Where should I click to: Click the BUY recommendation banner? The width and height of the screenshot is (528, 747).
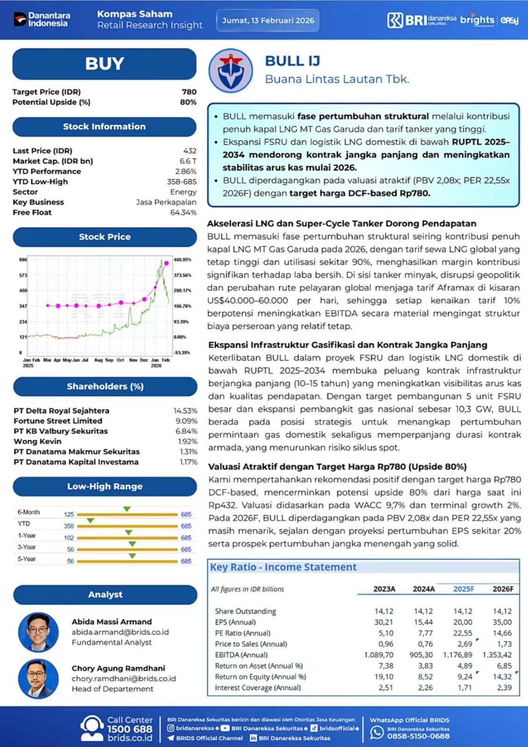pyautogui.click(x=104, y=64)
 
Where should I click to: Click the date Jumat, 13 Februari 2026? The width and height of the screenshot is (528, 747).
pyautogui.click(x=268, y=21)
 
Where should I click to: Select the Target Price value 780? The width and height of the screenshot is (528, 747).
pyautogui.click(x=189, y=92)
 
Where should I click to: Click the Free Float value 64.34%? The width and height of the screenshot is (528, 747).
pyautogui.click(x=183, y=212)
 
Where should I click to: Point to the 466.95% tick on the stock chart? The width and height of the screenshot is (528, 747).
pyautogui.click(x=182, y=260)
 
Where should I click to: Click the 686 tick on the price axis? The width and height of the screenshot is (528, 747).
pyautogui.click(x=23, y=260)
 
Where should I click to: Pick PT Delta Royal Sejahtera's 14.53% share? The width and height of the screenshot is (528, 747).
pyautogui.click(x=185, y=411)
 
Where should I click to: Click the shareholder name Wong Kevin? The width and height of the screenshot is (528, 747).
pyautogui.click(x=37, y=441)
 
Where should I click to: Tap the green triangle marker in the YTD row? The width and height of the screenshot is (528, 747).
pyautogui.click(x=91, y=521)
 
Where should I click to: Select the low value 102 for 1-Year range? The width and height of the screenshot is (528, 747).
pyautogui.click(x=69, y=538)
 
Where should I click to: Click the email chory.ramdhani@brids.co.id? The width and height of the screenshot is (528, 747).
pyautogui.click(x=123, y=678)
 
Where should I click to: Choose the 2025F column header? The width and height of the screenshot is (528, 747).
pyautogui.click(x=464, y=589)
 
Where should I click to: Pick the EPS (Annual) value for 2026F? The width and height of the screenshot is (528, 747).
pyautogui.click(x=502, y=622)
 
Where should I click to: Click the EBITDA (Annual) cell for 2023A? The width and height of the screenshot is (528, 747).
pyautogui.click(x=378, y=655)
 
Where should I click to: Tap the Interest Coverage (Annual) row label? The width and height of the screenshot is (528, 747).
pyautogui.click(x=257, y=688)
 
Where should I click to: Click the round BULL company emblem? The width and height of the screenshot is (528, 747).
pyautogui.click(x=231, y=70)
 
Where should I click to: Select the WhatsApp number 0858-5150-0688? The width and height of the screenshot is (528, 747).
pyautogui.click(x=418, y=736)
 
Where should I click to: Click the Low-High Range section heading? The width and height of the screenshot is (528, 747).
pyautogui.click(x=105, y=486)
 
